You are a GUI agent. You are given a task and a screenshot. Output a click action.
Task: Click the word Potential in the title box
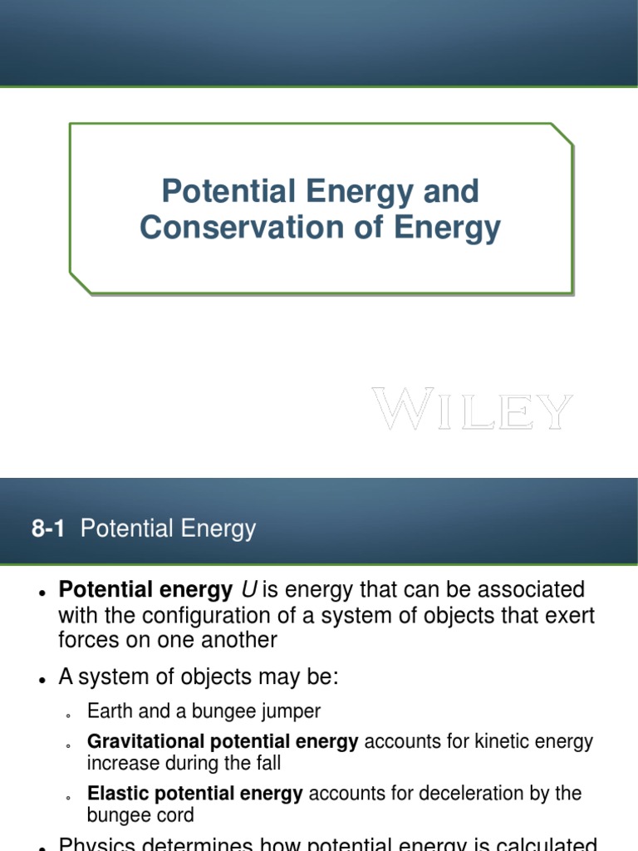(228, 192)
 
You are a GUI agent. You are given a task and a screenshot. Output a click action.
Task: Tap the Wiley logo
(472, 410)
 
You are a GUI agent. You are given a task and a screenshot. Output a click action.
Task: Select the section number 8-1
(48, 529)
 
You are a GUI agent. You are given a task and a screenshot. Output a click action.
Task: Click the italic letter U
(248, 590)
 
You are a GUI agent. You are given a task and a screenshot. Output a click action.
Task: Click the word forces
(88, 640)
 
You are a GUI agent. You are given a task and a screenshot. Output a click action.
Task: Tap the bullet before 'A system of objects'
(42, 680)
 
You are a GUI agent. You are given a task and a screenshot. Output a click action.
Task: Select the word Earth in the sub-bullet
(110, 711)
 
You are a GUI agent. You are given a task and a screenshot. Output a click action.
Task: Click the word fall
(266, 762)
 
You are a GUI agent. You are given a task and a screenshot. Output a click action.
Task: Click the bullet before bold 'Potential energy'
(42, 592)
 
